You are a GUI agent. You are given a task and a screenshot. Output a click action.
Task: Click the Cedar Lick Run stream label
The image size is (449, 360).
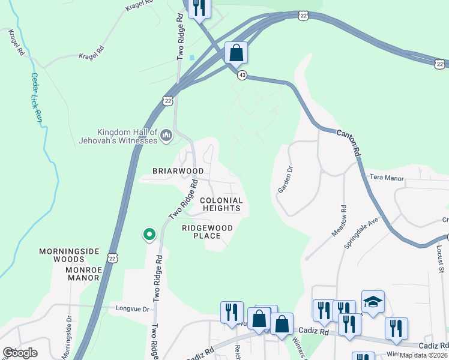pos(35,98)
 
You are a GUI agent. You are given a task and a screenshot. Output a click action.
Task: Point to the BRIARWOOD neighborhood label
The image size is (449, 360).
pos(178,171)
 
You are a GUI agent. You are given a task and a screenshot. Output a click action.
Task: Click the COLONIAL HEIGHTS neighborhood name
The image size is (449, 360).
pos(221,205)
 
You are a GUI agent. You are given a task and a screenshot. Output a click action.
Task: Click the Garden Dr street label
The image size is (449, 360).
pos(285,179)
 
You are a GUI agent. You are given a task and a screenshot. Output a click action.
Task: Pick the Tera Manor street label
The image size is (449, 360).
pos(387,178)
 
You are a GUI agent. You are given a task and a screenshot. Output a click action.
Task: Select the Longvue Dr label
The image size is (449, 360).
pos(132,309)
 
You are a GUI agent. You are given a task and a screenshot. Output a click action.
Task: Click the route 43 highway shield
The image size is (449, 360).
pos(242,75)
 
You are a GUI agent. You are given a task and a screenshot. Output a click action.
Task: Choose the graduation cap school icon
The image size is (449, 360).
pos(373,302)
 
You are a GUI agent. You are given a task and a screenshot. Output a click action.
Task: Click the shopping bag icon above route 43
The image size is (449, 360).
pos(237,53)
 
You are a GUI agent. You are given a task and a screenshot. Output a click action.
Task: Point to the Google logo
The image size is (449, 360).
pos(20,353)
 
